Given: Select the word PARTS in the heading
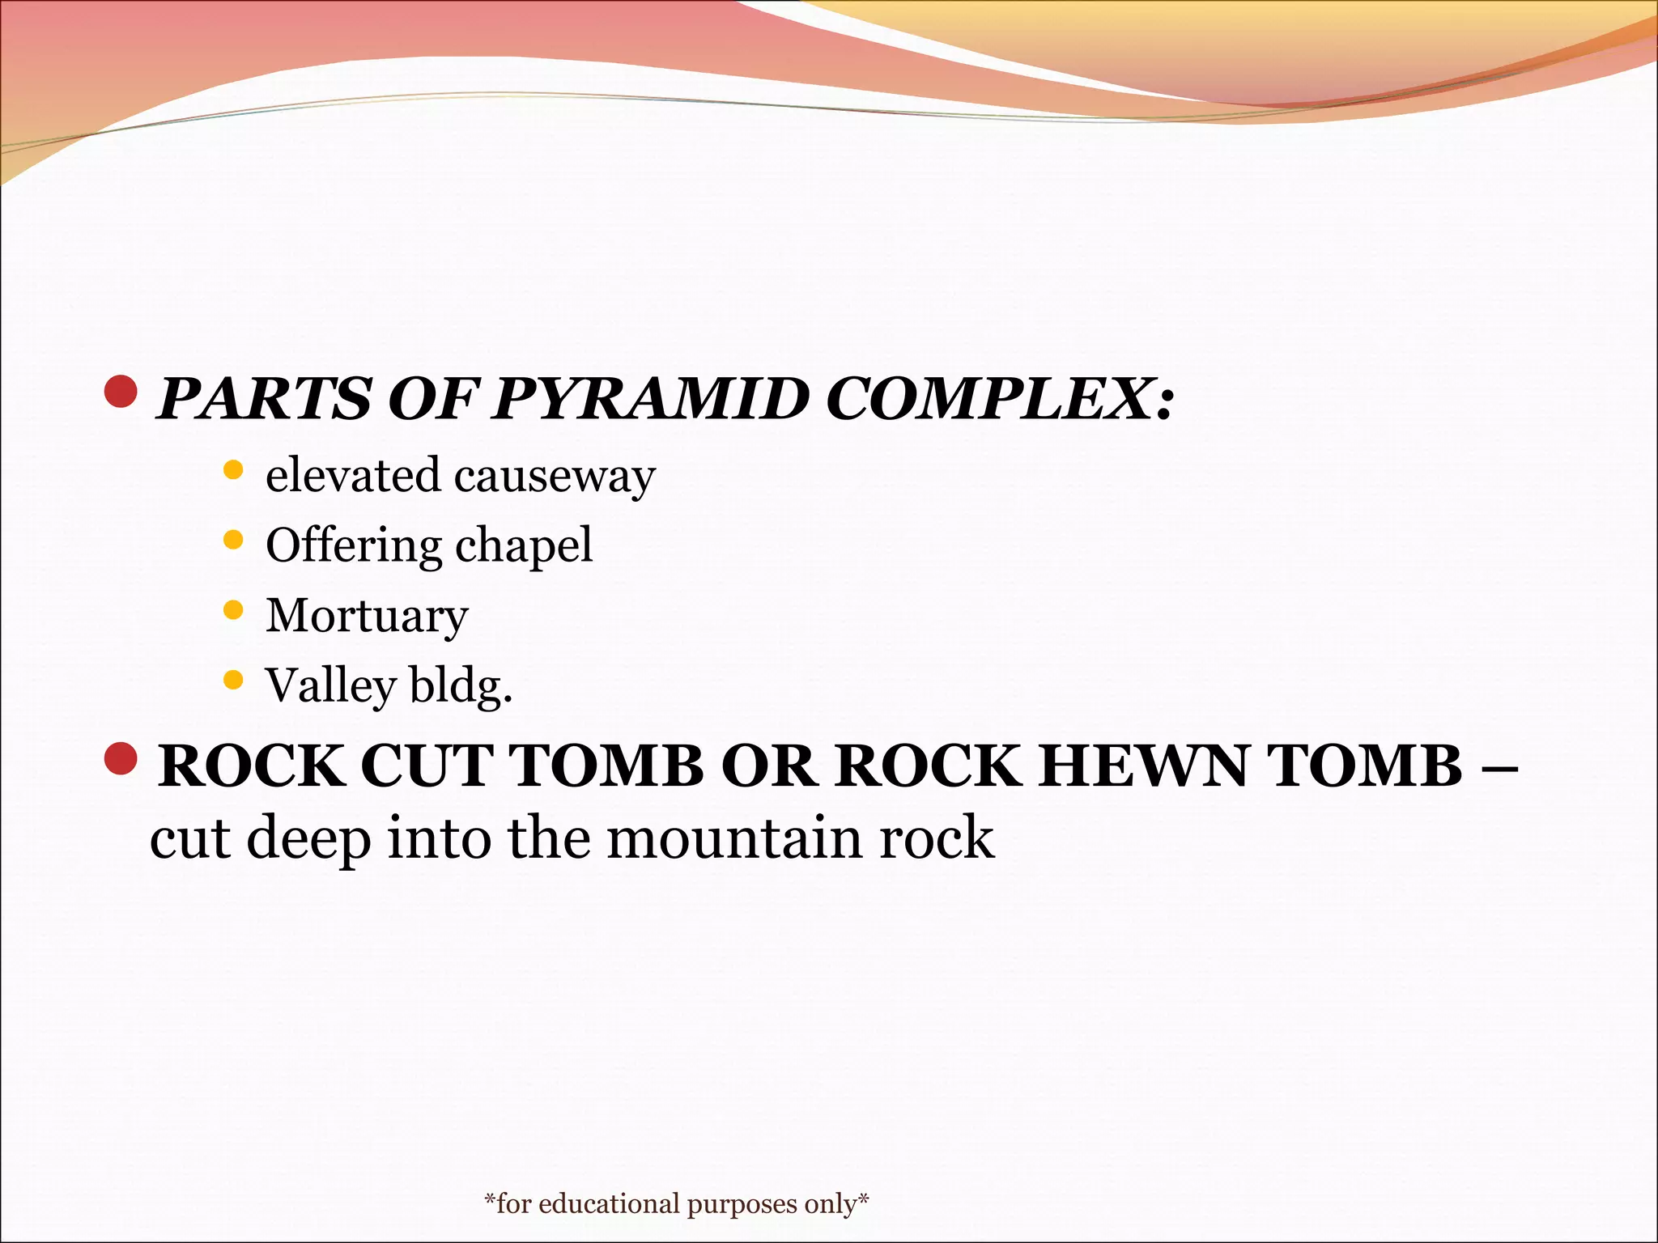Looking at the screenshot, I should (x=264, y=399).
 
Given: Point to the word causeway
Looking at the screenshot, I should (x=555, y=476).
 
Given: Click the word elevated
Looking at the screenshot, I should (x=353, y=475).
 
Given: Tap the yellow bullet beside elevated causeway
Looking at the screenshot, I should (x=233, y=470).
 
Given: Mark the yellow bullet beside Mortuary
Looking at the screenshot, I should (x=233, y=610).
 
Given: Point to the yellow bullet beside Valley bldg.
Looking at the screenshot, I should (x=233, y=681).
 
